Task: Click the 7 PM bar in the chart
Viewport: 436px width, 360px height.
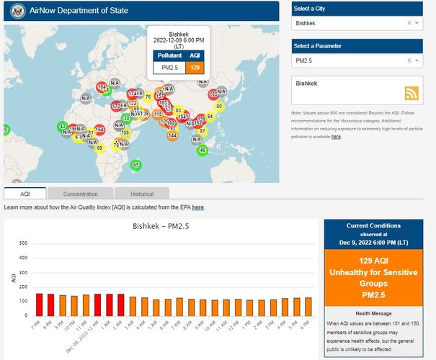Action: (x=40, y=305)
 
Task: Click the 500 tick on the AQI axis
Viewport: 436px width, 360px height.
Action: (x=23, y=243)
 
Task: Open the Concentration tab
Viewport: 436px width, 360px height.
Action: (x=80, y=194)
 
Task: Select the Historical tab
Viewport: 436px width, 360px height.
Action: (x=142, y=194)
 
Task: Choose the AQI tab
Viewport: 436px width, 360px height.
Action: (x=25, y=194)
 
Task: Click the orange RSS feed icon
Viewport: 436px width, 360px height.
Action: (x=412, y=93)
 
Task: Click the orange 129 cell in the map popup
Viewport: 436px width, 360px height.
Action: (x=194, y=67)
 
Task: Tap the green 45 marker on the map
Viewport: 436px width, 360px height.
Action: (x=135, y=165)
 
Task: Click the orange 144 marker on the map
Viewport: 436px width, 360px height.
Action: (x=173, y=135)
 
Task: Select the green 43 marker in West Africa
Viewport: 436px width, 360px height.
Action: (x=63, y=127)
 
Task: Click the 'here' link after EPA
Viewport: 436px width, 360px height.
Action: (x=197, y=207)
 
